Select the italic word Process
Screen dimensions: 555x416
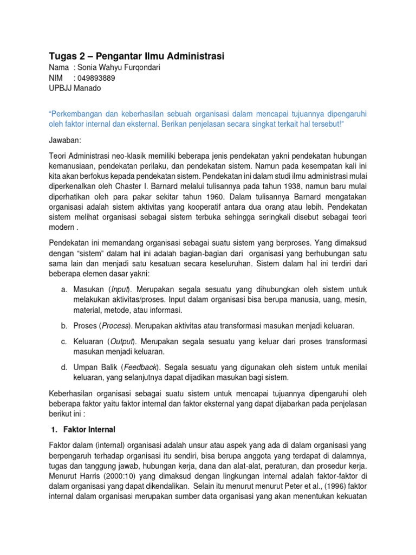pos(113,325)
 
